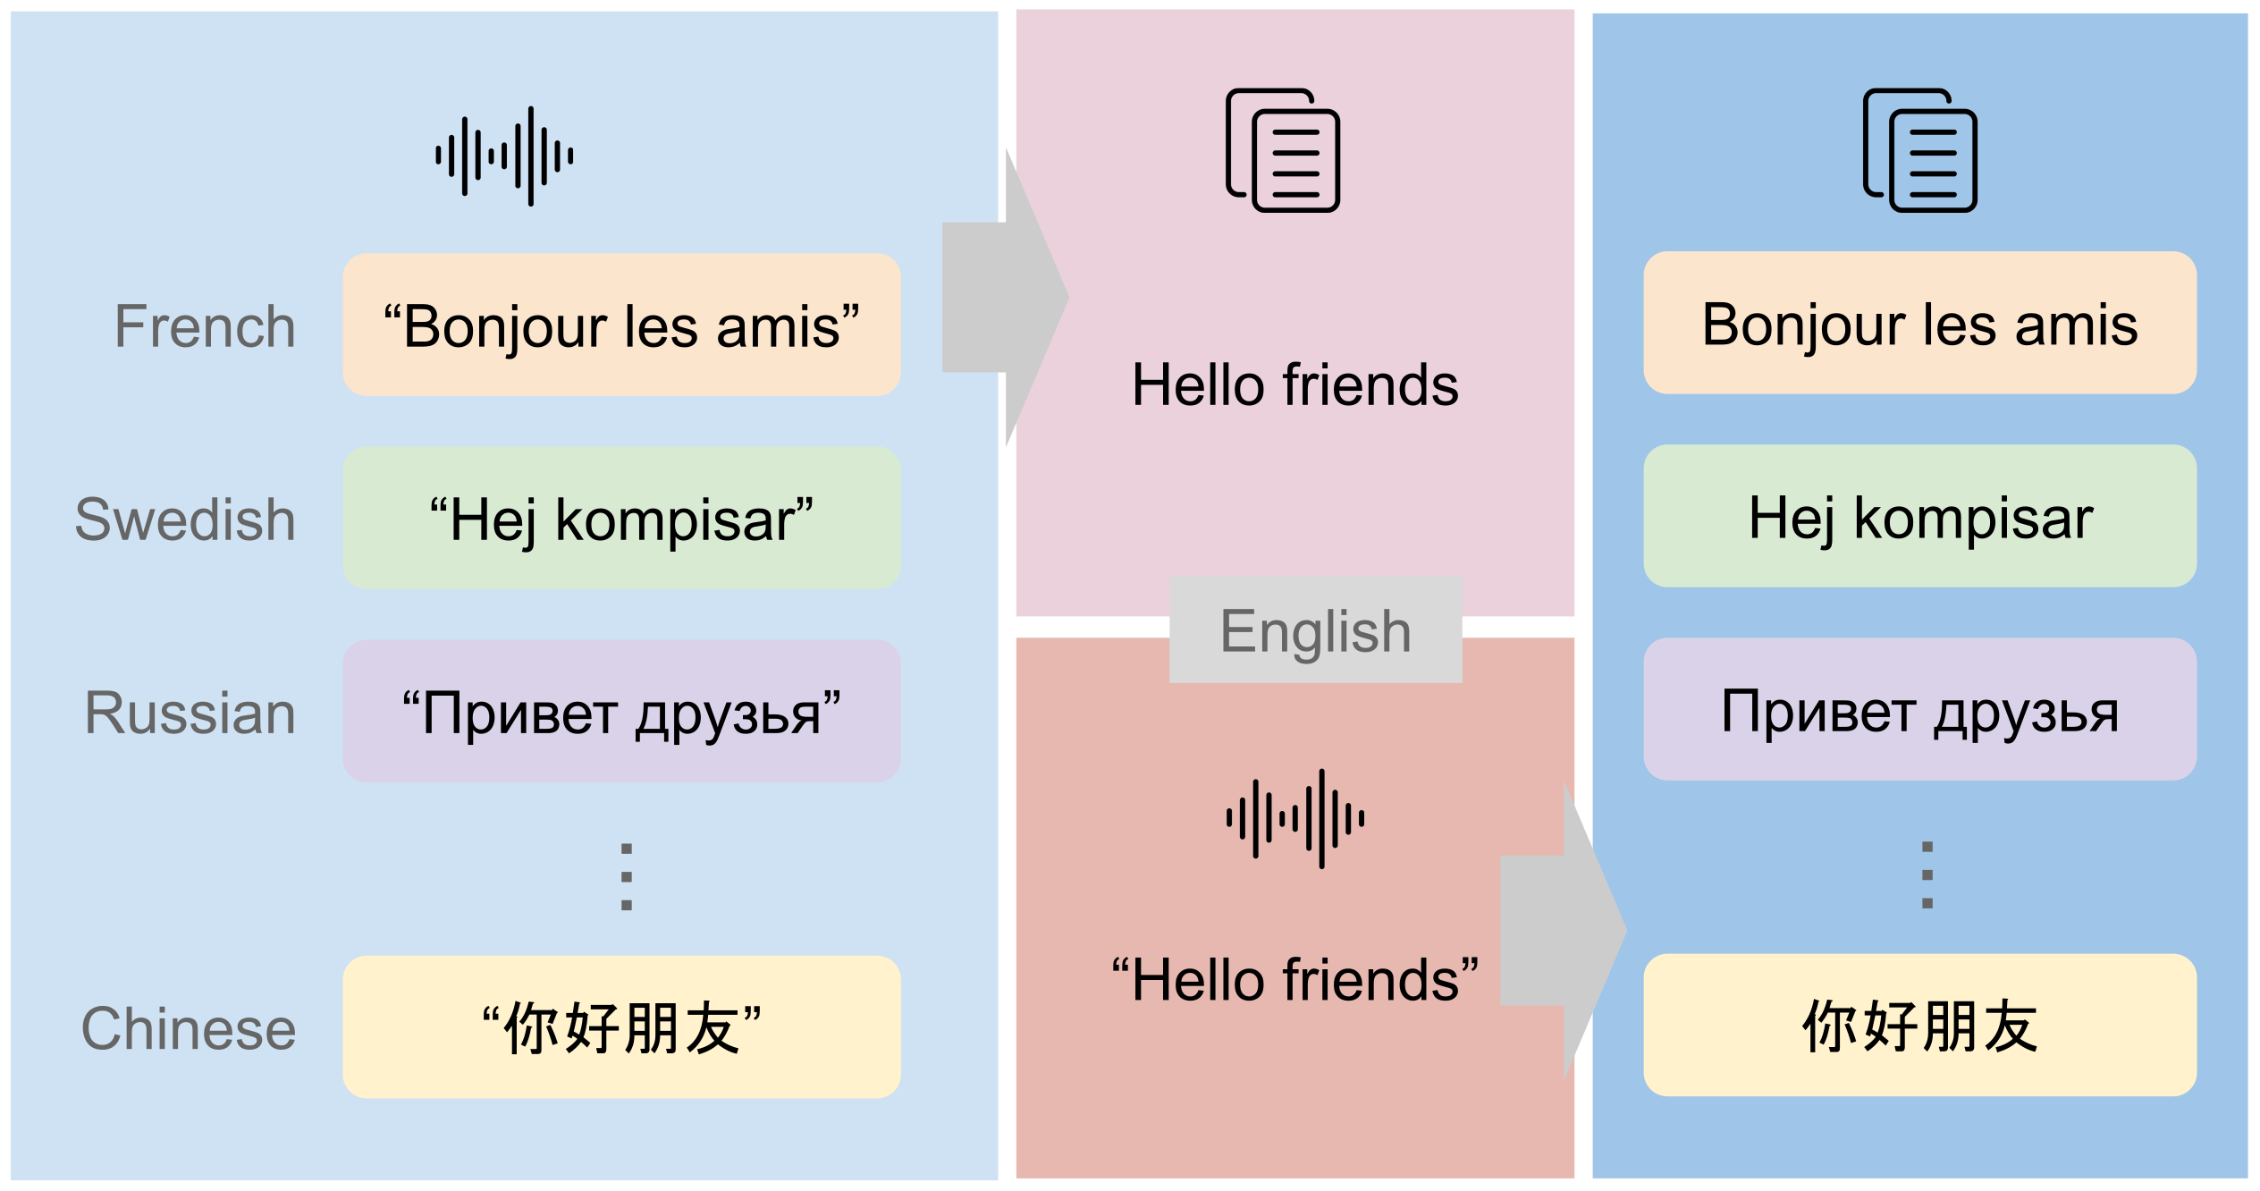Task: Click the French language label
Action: [x=205, y=326]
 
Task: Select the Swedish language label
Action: [x=185, y=519]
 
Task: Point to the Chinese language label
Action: [x=189, y=1028]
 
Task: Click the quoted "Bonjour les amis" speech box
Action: [x=621, y=325]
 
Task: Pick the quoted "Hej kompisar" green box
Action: [x=621, y=518]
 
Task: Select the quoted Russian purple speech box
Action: [x=621, y=711]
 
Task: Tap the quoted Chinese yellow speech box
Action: [x=621, y=1026]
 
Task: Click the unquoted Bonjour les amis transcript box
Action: [x=1919, y=323]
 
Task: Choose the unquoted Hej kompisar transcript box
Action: [x=1919, y=516]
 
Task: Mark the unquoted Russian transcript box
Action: [x=1919, y=709]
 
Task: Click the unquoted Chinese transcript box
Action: [x=1919, y=1025]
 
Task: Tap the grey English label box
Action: [x=1315, y=629]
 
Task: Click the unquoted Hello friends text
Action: [x=1295, y=384]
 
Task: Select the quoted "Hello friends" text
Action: [x=1295, y=980]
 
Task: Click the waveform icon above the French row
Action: [x=504, y=156]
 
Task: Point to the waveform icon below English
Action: [x=1295, y=818]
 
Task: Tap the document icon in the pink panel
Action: [x=1283, y=150]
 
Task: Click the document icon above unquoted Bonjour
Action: [x=1919, y=150]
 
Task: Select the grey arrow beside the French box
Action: [x=1006, y=297]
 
